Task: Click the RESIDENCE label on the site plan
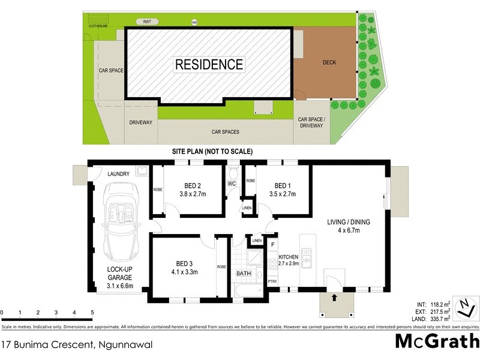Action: click(209, 64)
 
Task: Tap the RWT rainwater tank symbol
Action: click(147, 22)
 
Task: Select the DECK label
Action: click(329, 62)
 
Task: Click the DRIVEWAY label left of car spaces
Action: click(141, 122)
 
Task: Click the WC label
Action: click(232, 184)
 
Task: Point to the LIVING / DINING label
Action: click(349, 222)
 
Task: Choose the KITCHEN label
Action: click(288, 257)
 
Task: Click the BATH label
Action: click(244, 274)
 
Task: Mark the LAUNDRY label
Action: click(118, 174)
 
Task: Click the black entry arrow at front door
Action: click(334, 296)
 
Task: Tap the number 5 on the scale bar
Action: click(92, 313)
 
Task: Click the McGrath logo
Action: click(436, 341)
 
